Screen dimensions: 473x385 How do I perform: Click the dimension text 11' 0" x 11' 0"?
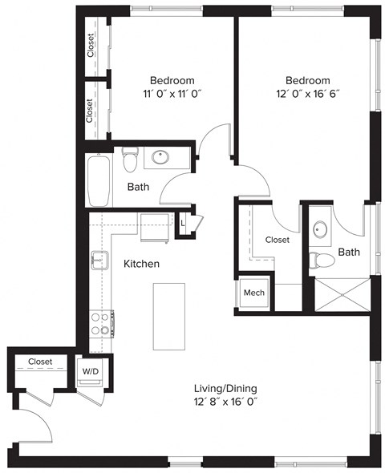(x=172, y=94)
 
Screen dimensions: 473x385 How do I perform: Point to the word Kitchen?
(x=141, y=263)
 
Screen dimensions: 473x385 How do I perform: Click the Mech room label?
(x=254, y=293)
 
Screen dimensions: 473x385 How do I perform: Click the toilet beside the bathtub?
(x=131, y=160)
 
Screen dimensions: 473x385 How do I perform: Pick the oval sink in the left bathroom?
(x=160, y=156)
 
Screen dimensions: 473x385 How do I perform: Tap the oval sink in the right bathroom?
(x=322, y=230)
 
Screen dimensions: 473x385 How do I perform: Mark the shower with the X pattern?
(x=338, y=293)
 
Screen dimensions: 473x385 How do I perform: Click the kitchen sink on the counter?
(x=99, y=260)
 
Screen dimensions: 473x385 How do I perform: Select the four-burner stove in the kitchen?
(x=100, y=323)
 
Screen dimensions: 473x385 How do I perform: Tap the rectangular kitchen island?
(x=169, y=315)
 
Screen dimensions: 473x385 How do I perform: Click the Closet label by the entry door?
(x=40, y=362)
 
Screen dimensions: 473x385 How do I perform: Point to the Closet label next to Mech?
(x=277, y=239)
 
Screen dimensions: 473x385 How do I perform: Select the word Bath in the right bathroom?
(x=349, y=252)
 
